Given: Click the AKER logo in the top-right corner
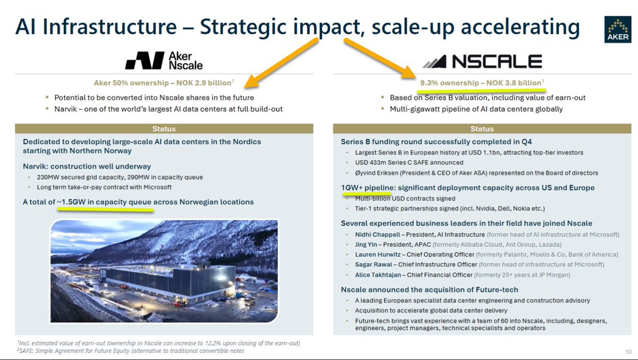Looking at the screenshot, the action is point(618,30).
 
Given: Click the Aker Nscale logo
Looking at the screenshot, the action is point(164,61).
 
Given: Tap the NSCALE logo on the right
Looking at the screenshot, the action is point(482,62).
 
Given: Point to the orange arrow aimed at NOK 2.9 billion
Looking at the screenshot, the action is point(281,62).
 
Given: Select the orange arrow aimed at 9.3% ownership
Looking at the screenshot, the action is point(380,58).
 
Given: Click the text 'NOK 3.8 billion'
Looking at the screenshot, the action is point(514,83).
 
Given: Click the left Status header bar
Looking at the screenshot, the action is point(164,129).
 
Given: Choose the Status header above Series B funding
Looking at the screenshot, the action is point(482,129).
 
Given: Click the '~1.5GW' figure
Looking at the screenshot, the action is point(71,202).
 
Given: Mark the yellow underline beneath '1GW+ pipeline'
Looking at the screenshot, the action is point(360,194).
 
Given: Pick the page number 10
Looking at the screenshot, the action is point(628,351).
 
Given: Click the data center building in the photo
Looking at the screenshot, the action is point(168,281).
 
